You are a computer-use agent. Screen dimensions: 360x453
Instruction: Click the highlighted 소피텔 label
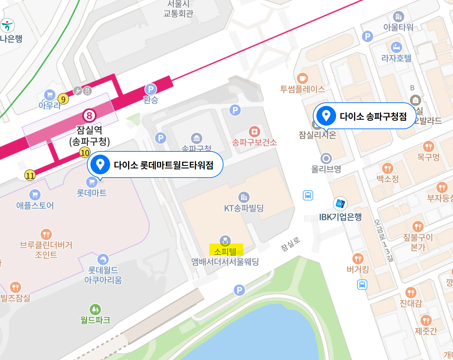tap(225, 251)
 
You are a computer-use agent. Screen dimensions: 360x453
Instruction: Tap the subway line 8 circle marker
tap(89, 115)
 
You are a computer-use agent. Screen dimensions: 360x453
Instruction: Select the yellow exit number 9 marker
tap(63, 99)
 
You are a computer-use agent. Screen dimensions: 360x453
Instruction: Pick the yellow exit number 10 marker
tap(85, 153)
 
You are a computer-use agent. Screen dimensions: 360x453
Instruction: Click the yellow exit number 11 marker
tap(30, 175)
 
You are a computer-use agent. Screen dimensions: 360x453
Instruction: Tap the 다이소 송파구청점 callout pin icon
tap(326, 116)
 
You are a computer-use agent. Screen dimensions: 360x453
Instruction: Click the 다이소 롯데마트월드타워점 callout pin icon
tap(100, 164)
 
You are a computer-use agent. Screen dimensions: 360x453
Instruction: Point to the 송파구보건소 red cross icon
tap(254, 132)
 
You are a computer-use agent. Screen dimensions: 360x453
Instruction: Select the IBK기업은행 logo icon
tap(340, 204)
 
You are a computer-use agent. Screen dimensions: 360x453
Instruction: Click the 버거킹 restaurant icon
tap(358, 259)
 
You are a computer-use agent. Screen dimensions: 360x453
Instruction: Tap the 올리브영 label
tap(326, 169)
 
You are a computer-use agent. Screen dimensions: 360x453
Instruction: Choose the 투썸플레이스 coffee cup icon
tap(302, 78)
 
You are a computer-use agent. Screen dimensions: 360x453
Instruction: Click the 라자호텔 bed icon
tap(397, 47)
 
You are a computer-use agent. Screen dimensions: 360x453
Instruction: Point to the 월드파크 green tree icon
tap(95, 310)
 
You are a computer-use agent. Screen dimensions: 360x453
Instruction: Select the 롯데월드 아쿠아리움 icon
tap(103, 259)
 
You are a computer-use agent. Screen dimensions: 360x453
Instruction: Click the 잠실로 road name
tap(290, 244)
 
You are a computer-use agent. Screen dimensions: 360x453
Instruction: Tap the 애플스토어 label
tap(35, 206)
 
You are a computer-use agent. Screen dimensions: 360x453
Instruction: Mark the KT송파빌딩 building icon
tap(244, 197)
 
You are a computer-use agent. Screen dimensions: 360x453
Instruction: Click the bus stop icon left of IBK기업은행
tap(308, 195)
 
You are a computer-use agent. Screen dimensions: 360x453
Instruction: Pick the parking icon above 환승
tap(150, 89)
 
